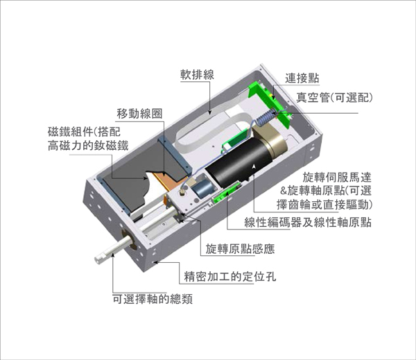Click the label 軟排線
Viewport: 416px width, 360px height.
pyautogui.click(x=197, y=75)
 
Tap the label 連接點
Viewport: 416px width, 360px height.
pyautogui.click(x=302, y=78)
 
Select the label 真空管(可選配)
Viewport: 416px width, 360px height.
pyautogui.click(x=335, y=98)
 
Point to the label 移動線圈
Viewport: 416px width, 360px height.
pyautogui.click(x=139, y=114)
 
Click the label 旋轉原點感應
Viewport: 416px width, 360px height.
pyautogui.click(x=240, y=249)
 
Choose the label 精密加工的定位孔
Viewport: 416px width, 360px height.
pyautogui.click(x=230, y=277)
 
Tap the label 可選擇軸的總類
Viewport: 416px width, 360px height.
pyautogui.click(x=153, y=299)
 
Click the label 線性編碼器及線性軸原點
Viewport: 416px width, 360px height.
pyautogui.click(x=308, y=222)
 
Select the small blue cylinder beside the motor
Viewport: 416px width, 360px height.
pyautogui.click(x=202, y=189)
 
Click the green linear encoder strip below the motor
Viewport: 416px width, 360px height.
pyautogui.click(x=226, y=192)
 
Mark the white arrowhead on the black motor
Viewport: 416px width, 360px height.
pyautogui.click(x=254, y=166)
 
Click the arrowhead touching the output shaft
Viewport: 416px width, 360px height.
pyautogui.click(x=113, y=255)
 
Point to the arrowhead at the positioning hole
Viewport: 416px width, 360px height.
pyautogui.click(x=157, y=262)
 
